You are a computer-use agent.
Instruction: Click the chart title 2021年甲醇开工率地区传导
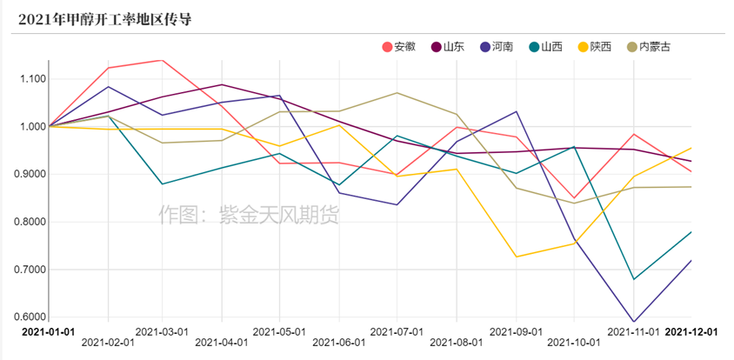tap(103, 18)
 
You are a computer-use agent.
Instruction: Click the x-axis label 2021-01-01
tap(49, 331)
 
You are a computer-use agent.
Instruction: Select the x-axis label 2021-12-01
tap(691, 331)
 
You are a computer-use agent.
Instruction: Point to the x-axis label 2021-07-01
tap(397, 331)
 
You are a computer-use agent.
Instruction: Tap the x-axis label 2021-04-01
tap(221, 343)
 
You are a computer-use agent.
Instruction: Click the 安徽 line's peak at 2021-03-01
tap(163, 60)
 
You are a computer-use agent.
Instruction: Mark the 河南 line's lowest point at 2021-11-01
tap(634, 322)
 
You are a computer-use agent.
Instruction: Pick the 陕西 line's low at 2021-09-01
tap(517, 257)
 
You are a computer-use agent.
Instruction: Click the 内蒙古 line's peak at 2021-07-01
tap(397, 92)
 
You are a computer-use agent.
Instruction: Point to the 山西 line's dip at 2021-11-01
tap(634, 279)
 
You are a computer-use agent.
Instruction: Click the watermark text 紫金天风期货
tap(249, 213)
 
